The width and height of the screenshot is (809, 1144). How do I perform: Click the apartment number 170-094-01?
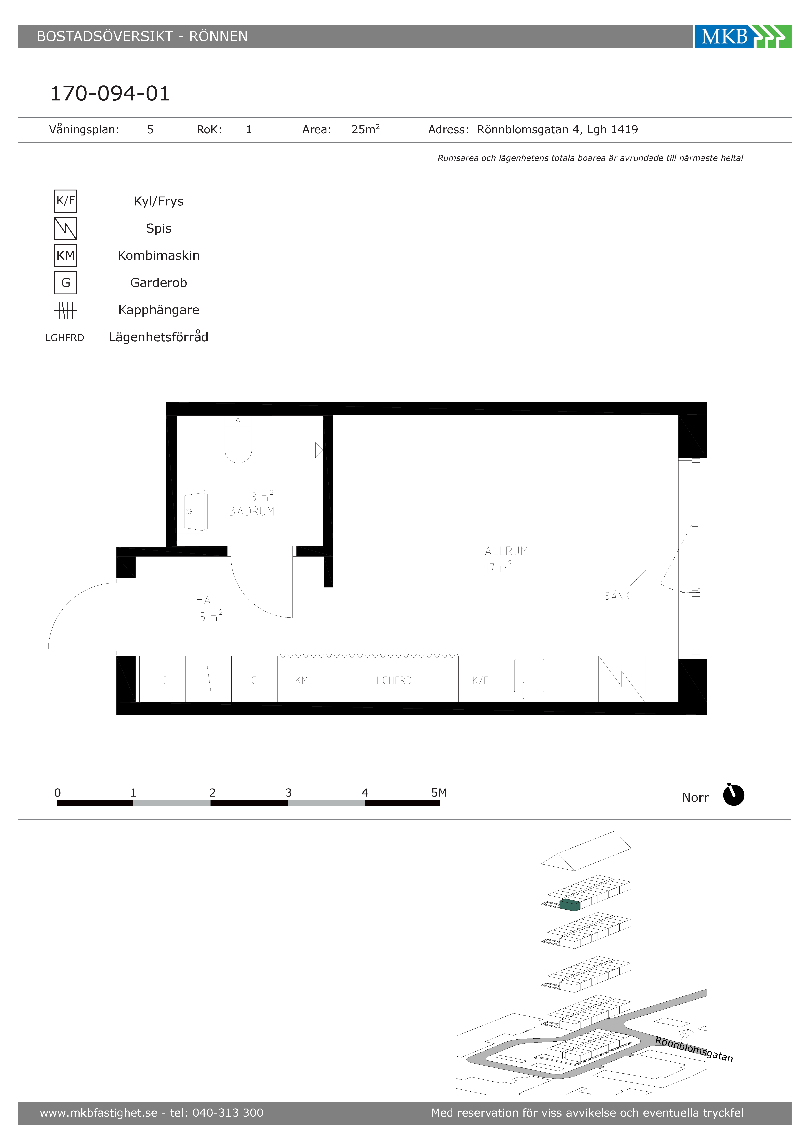[110, 93]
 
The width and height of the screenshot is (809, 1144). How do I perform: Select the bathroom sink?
[192, 511]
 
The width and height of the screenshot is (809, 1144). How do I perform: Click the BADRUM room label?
[252, 511]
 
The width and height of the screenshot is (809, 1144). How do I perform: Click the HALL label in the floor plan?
[209, 600]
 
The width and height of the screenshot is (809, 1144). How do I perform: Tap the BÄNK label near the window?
[617, 596]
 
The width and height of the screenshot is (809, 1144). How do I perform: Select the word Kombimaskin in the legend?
[159, 256]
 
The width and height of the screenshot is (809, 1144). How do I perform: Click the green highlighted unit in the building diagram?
[570, 905]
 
